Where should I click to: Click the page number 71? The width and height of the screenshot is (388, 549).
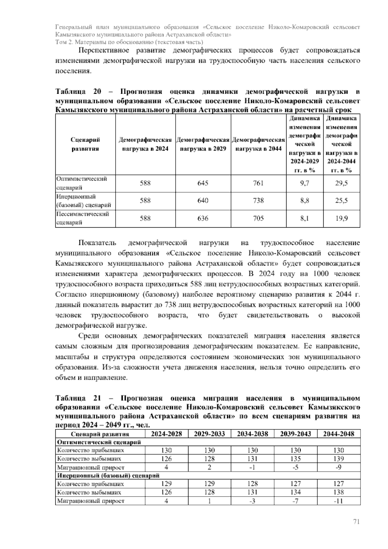point(356,522)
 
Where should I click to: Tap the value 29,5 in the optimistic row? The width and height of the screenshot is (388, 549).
point(341,183)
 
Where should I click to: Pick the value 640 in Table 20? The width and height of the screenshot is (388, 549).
point(203,201)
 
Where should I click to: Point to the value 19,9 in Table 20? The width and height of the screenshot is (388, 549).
point(341,218)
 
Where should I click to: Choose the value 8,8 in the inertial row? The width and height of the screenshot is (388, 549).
point(304,201)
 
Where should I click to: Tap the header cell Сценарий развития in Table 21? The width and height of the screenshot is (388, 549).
point(100,434)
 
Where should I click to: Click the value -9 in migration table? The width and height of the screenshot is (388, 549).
point(339,467)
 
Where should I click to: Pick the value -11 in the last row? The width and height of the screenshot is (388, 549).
point(339,501)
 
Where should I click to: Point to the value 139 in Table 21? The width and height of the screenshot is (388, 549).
point(339,459)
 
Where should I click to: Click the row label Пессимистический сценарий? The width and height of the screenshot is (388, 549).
point(82,218)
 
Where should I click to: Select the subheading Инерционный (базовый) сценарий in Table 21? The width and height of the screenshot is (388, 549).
point(108,476)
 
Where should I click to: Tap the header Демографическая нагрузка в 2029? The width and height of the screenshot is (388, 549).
point(203,144)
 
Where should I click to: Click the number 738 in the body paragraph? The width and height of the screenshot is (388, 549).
point(170,305)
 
